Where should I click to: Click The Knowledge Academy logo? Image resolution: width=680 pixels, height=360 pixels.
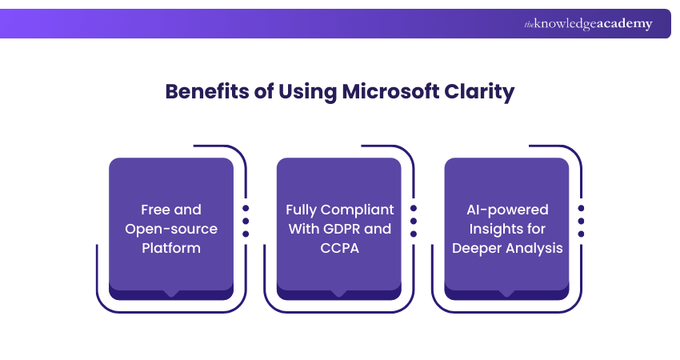pyautogui.click(x=588, y=24)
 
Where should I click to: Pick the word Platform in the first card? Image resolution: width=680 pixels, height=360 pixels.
pyautogui.click(x=170, y=248)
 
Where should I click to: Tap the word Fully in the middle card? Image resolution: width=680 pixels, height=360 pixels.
pyautogui.click(x=301, y=210)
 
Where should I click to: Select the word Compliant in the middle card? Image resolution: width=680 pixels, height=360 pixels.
pyautogui.click(x=357, y=210)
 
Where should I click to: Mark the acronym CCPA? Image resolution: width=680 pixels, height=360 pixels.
pyautogui.click(x=339, y=248)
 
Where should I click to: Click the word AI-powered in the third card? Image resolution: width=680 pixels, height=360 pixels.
pyautogui.click(x=507, y=210)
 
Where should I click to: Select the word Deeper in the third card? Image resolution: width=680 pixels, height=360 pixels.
pyautogui.click(x=476, y=248)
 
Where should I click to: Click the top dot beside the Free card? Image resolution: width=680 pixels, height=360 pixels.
pyautogui.click(x=246, y=207)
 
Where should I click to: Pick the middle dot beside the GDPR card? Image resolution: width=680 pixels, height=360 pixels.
pyautogui.click(x=414, y=221)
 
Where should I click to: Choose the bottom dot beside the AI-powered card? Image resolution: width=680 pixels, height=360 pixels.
pyautogui.click(x=582, y=234)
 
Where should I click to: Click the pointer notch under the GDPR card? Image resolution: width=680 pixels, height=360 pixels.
pyautogui.click(x=339, y=294)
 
